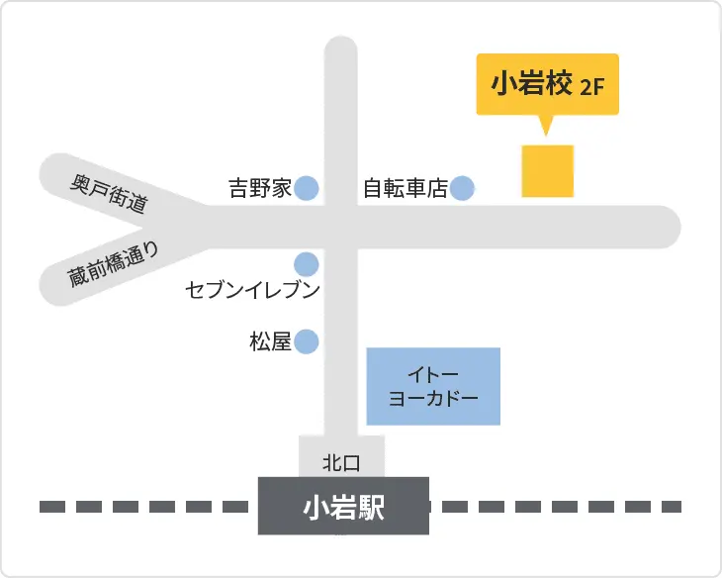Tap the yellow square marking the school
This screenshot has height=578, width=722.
[x=548, y=170]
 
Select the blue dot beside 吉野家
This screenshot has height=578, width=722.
[x=307, y=187]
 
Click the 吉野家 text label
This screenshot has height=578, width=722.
[x=260, y=187]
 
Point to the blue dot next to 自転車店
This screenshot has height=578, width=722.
[x=462, y=187]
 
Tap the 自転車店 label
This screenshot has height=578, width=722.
[x=406, y=187]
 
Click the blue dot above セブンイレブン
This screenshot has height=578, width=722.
[x=307, y=264]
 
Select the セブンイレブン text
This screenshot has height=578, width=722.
[x=254, y=290]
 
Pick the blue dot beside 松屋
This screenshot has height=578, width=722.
[x=307, y=341]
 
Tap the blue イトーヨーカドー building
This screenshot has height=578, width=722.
[x=434, y=386]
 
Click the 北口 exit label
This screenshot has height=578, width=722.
[x=340, y=461]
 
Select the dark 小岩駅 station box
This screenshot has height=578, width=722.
[x=343, y=507]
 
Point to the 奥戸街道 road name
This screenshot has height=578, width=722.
[x=109, y=193]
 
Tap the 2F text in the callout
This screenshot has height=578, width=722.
[x=592, y=86]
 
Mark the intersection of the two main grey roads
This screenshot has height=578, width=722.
[x=340, y=227]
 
